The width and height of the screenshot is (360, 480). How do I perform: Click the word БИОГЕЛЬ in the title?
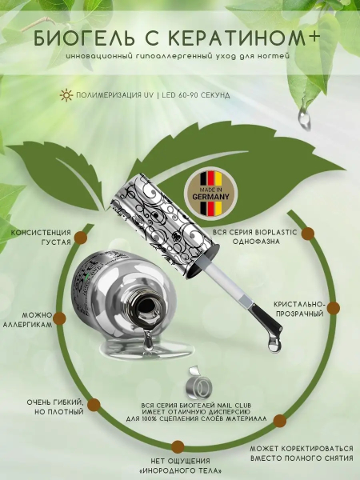83,38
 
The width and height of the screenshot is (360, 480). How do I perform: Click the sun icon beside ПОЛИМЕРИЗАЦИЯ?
66,95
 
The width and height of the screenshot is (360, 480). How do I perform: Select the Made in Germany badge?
210,193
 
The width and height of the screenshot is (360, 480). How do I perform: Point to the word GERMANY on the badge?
210,197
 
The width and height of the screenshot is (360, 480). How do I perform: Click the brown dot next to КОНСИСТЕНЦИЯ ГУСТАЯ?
81,238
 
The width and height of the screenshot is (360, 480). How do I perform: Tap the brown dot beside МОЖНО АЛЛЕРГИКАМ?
59,318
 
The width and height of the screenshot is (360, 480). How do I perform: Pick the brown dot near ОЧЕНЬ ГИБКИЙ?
94,405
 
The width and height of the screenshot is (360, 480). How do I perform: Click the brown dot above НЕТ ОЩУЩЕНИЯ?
178,447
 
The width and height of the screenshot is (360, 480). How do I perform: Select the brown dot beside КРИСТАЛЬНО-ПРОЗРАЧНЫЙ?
334,308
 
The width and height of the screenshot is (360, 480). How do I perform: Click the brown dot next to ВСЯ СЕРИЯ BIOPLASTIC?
308,234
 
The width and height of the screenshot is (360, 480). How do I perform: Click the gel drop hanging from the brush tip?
273,343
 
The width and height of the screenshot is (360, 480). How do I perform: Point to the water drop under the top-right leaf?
305,117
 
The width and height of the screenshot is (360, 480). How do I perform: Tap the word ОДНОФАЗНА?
256,242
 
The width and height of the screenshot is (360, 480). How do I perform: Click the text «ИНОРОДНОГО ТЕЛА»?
180,470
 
